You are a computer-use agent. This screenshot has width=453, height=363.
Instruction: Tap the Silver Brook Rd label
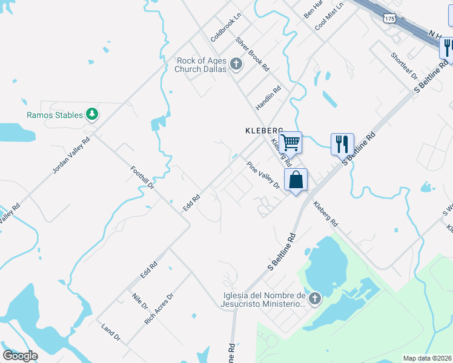[x=253, y=54]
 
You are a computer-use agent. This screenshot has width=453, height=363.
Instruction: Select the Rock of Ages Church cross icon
[x=236, y=64]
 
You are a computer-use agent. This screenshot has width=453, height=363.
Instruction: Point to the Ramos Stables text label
[x=55, y=115]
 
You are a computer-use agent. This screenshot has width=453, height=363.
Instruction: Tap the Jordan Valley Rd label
[x=71, y=155]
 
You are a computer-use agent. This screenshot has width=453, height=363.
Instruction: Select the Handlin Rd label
[x=268, y=97]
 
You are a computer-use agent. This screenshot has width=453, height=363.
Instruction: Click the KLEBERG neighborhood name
[x=264, y=130]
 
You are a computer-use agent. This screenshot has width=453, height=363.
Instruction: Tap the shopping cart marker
[x=291, y=143]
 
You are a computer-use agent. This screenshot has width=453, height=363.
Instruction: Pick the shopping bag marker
[x=296, y=180]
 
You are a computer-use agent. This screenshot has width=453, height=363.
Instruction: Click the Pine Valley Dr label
[x=263, y=175]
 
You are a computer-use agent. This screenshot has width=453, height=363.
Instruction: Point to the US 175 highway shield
[x=389, y=19]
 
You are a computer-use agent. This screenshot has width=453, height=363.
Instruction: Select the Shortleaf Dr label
[x=405, y=66]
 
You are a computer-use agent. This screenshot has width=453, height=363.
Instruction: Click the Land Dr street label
[x=111, y=332]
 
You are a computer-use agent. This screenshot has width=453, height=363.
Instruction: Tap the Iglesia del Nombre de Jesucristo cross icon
[x=314, y=298]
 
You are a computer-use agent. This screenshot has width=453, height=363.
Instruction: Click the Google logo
[x=20, y=356]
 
